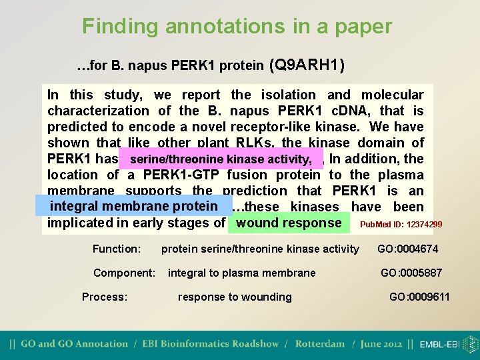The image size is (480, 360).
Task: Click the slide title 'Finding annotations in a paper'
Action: (237, 27)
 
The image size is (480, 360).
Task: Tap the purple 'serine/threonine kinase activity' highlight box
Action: (221, 159)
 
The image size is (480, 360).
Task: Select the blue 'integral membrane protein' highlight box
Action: (134, 206)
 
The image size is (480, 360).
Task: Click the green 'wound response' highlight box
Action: (289, 223)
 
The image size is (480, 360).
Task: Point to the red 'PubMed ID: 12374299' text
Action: (401, 225)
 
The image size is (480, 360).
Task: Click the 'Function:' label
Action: (117, 249)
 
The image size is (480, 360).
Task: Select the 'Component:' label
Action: (125, 273)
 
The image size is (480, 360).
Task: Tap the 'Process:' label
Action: (105, 297)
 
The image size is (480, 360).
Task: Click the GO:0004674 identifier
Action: (407, 249)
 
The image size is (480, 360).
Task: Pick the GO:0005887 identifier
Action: (411, 273)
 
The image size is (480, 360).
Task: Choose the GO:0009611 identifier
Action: (419, 297)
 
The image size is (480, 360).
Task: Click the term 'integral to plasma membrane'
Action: (242, 273)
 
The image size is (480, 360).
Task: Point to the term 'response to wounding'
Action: (235, 297)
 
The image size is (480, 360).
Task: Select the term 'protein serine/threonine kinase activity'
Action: (260, 249)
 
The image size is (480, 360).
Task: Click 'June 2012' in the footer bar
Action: (382, 344)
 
